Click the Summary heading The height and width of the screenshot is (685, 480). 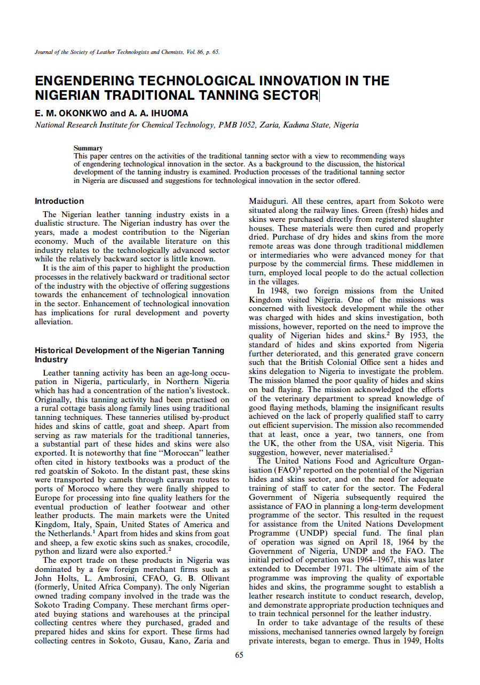88,148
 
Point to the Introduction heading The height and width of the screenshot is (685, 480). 59,201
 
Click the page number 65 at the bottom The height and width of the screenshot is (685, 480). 239,655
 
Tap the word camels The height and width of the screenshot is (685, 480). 96,480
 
